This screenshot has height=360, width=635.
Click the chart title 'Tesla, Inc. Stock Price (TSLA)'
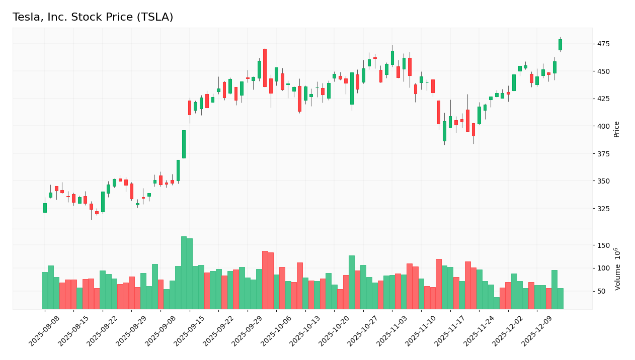coord(93,18)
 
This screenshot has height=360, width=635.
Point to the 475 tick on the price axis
coord(603,44)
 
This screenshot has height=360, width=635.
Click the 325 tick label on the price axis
coord(603,209)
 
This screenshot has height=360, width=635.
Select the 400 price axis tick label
coord(603,126)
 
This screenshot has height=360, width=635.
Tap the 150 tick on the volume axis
coord(603,245)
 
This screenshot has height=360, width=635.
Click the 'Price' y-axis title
coord(617,129)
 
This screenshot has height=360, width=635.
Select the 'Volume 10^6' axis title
coord(617,269)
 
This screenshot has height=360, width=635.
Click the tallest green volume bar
coord(184,273)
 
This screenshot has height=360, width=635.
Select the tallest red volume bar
coord(265,280)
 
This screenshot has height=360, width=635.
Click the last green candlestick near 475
coord(560,45)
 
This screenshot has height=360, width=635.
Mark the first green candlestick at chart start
coord(45,208)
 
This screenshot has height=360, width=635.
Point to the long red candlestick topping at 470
coord(265,68)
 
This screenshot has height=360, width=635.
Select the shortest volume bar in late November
coord(497,303)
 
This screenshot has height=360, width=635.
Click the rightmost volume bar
coord(560,298)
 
